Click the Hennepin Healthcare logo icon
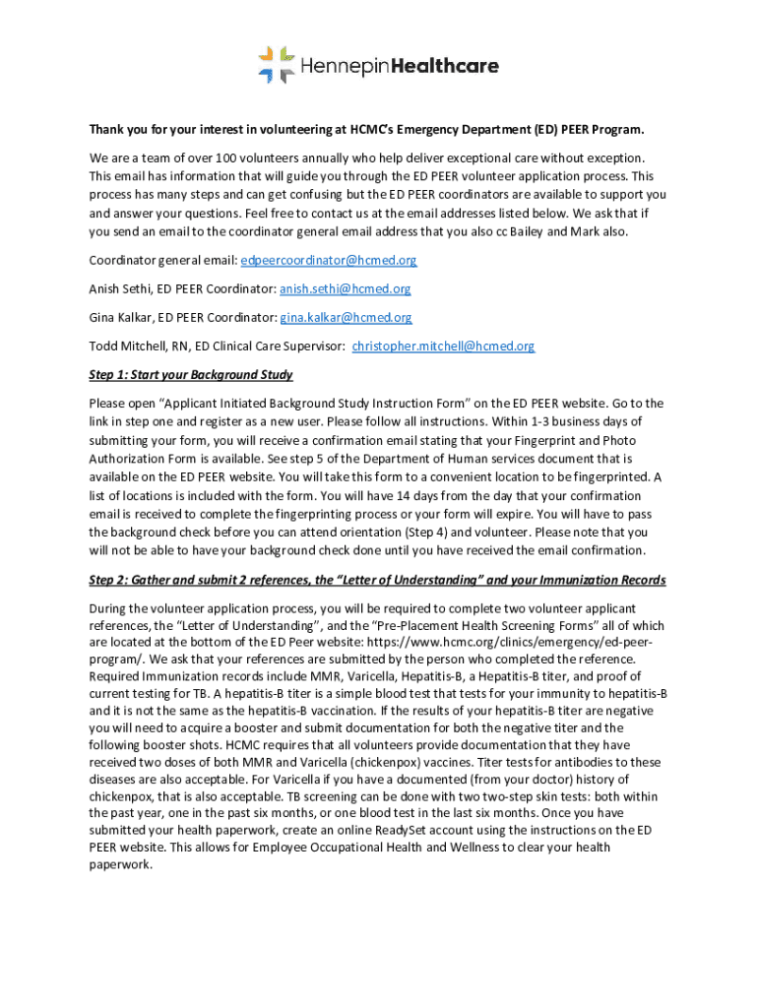point(277,65)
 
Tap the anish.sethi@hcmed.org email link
point(346,289)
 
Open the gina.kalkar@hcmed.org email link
point(347,318)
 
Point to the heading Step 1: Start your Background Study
point(191,375)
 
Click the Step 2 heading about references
point(377,580)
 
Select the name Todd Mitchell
point(125,346)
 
